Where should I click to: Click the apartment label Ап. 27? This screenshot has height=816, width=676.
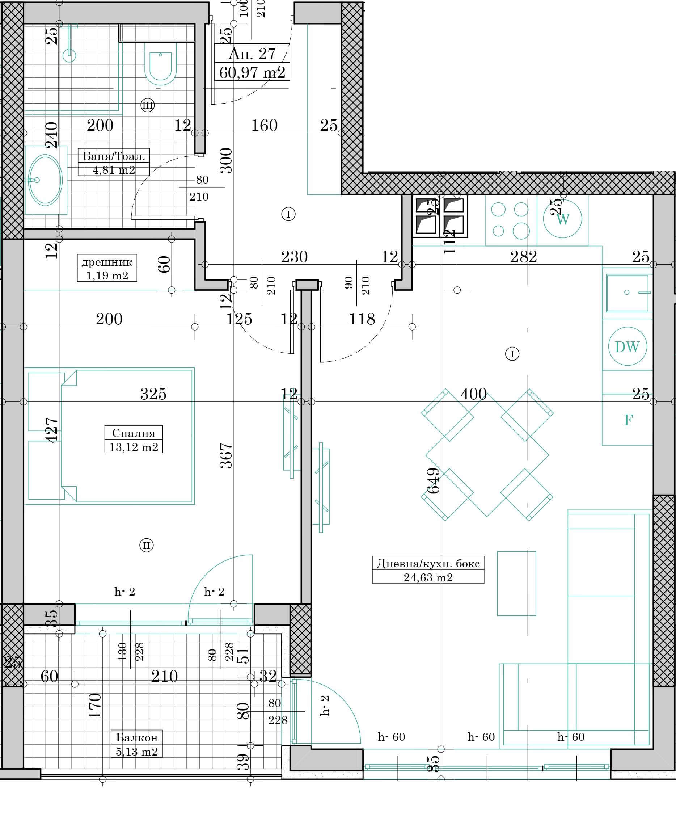coord(252,54)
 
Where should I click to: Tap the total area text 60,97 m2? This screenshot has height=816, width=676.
coord(252,72)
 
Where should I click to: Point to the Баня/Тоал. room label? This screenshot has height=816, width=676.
coord(114,157)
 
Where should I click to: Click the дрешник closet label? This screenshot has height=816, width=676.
coord(107,262)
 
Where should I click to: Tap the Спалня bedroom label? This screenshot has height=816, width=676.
coord(134,433)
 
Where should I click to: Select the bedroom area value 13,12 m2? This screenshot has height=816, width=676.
coord(134,447)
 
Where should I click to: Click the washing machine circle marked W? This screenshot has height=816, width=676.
coord(563,219)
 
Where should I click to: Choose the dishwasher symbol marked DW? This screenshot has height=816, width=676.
coord(628,346)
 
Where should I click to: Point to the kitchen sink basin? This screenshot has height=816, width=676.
coord(628,293)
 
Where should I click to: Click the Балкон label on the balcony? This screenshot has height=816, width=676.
coord(137,737)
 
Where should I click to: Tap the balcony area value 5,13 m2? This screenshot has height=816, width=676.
coord(137,752)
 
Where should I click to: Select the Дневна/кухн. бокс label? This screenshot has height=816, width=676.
coord(428,563)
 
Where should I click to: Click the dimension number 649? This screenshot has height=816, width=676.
coord(433,480)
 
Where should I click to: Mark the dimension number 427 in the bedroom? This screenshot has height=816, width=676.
coord(52,430)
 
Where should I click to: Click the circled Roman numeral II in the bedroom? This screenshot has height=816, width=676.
coord(147,546)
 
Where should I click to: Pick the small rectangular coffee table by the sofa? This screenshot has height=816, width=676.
coord(516,583)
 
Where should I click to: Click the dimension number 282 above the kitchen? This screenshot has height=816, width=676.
coord(523,257)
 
